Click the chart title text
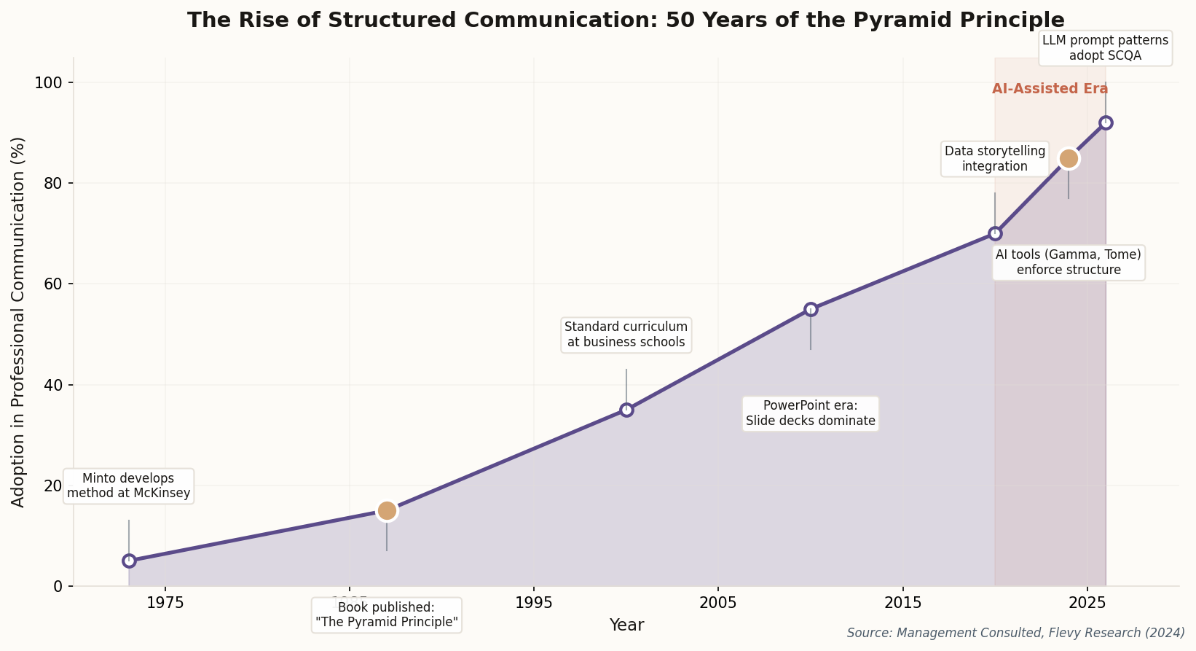[x=625, y=20]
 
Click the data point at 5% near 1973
[x=129, y=561]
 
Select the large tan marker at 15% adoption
[x=387, y=510]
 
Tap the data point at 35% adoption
[x=626, y=410]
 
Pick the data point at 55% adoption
[x=811, y=309]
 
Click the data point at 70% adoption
[x=995, y=233]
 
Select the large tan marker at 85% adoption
[x=1069, y=158]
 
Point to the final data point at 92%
[x=1106, y=122]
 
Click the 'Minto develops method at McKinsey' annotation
[x=128, y=486]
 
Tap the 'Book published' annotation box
[x=386, y=615]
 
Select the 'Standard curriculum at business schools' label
[x=626, y=335]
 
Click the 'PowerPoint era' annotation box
[x=810, y=413]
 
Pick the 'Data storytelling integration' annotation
[x=994, y=159]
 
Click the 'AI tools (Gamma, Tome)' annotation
[x=1068, y=262]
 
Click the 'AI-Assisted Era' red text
[x=1050, y=89]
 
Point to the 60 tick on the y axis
[x=58, y=284]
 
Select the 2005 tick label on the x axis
[x=718, y=603]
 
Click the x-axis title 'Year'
[x=626, y=625]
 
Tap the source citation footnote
[x=1015, y=633]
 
